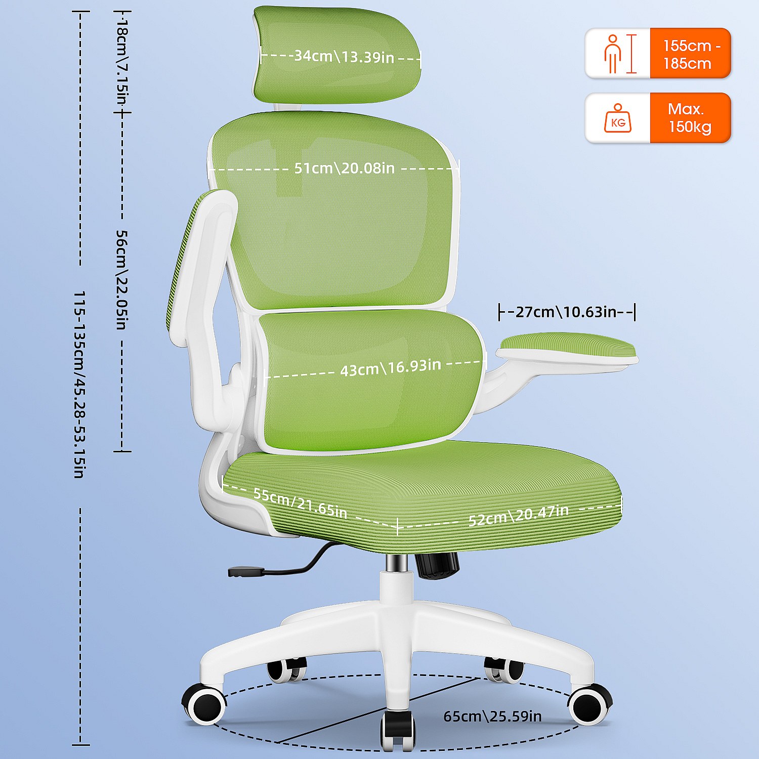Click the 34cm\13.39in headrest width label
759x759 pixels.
(x=344, y=56)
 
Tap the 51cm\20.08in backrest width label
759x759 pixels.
(x=344, y=168)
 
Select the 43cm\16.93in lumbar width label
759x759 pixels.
(x=390, y=367)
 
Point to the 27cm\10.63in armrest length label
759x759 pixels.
(x=566, y=312)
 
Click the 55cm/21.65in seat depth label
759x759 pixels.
(x=301, y=503)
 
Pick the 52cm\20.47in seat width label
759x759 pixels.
(x=518, y=515)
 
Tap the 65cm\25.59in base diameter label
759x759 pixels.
(x=492, y=716)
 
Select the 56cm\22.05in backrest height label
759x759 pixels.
(x=122, y=280)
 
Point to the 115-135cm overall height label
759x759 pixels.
(x=79, y=385)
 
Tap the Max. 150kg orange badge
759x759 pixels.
(x=690, y=118)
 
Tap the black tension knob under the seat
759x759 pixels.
(x=438, y=565)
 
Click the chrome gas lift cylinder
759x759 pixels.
(x=397, y=563)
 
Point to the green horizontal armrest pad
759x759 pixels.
(x=567, y=348)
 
